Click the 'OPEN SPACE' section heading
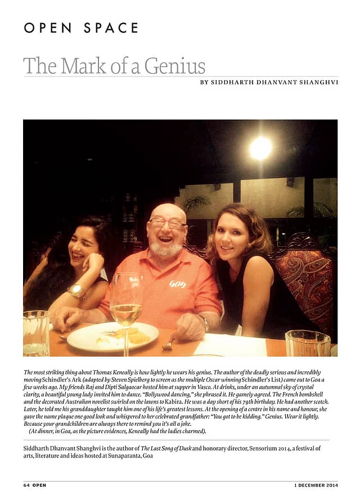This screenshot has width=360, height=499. pyautogui.click(x=81, y=28)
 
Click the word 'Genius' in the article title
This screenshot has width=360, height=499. pyautogui.click(x=174, y=66)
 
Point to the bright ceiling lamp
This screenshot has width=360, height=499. pyautogui.click(x=260, y=147)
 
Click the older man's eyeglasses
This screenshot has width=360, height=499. pyautogui.click(x=168, y=223)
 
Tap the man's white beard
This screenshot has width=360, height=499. pyautogui.click(x=167, y=248)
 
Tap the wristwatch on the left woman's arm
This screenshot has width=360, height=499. pyautogui.click(x=77, y=291)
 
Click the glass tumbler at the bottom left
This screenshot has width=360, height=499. pyautogui.click(x=36, y=334)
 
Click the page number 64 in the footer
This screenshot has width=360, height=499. pyautogui.click(x=26, y=485)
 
